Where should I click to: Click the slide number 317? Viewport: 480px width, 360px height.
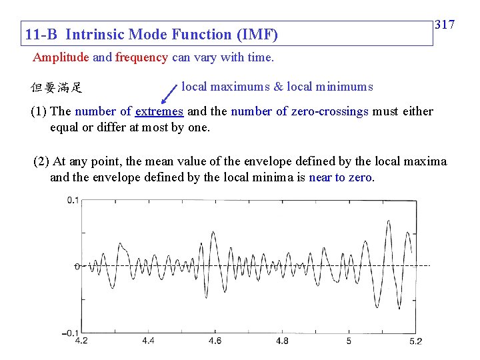tap(445, 25)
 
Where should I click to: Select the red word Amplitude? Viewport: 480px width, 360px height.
tap(61, 57)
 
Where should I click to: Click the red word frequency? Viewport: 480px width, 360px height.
tap(141, 57)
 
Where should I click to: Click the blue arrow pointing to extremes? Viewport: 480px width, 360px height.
tap(171, 93)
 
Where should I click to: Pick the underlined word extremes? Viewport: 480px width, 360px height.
tap(159, 111)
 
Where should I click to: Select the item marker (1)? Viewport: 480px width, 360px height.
tap(39, 111)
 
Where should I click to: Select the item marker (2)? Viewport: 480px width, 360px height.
tap(41, 161)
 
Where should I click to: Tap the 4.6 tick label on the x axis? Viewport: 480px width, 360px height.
tap(215, 341)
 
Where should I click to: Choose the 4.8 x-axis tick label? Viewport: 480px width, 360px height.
tap(282, 341)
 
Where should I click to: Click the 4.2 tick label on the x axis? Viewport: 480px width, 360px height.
tap(81, 341)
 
